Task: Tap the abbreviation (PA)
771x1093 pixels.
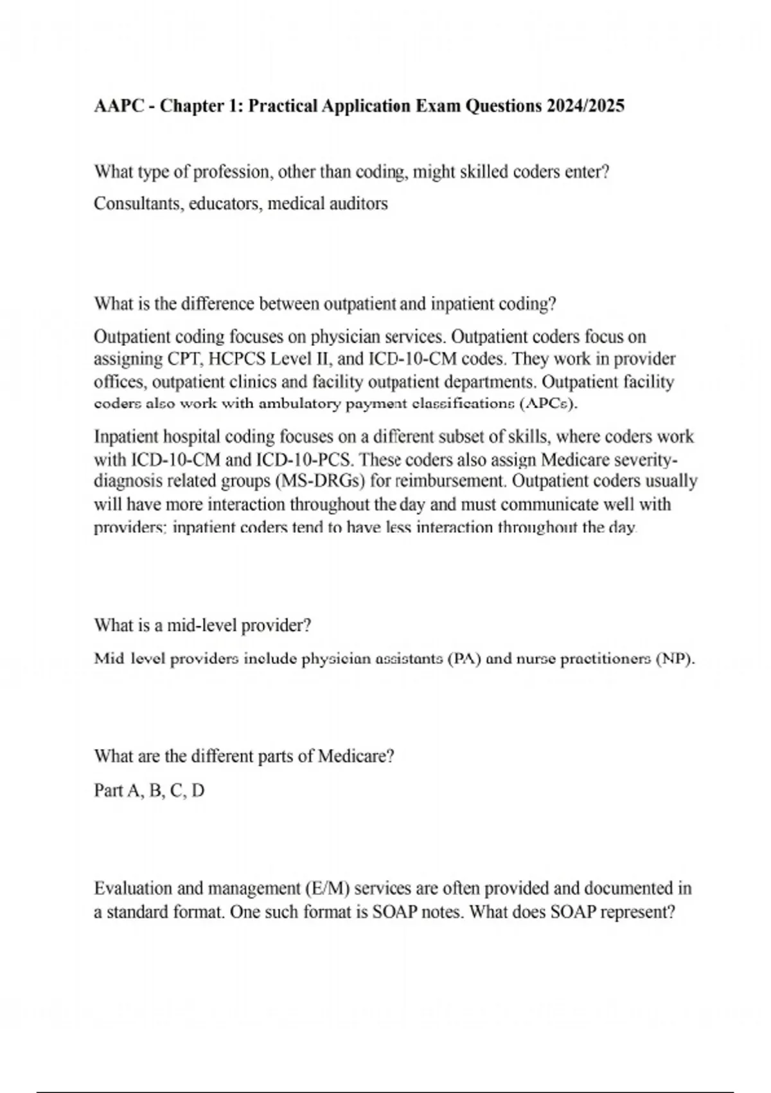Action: click(465, 659)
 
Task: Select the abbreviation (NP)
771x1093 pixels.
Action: click(675, 659)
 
